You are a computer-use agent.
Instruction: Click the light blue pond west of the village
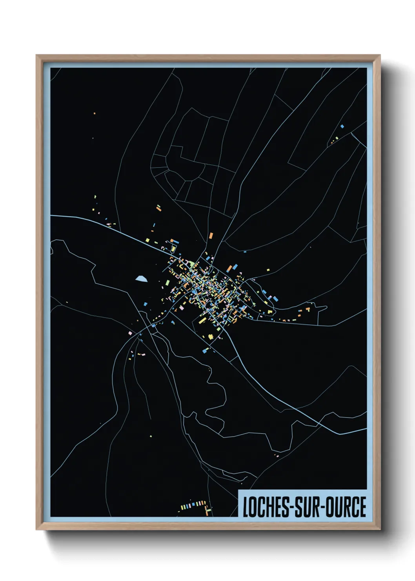pos(141,279)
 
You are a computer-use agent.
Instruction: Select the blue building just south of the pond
pos(146,304)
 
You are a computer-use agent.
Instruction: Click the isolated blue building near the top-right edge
pos(342,126)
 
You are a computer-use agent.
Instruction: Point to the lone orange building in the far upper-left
pos(95,114)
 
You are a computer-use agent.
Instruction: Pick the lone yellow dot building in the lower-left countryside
pos(151,436)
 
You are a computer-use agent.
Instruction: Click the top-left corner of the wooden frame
pos(36,55)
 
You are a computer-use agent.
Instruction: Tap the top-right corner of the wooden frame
pos(380,55)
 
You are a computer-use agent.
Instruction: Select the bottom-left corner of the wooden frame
pos(36,529)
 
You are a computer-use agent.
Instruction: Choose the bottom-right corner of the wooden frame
pos(380,529)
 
